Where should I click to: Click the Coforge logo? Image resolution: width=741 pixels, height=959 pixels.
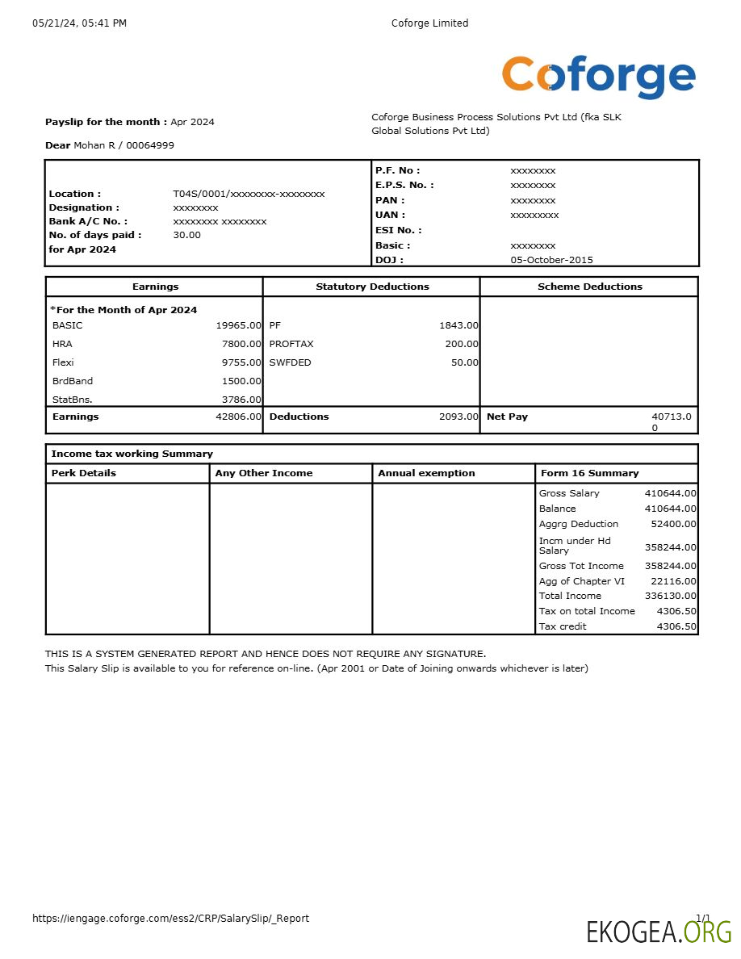tap(598, 77)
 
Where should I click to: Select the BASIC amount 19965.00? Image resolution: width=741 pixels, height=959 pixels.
tap(238, 325)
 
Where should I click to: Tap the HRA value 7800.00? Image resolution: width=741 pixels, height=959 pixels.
tap(241, 344)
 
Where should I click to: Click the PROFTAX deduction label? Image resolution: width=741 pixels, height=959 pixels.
tap(291, 344)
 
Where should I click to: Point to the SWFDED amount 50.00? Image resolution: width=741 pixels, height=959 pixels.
tap(464, 362)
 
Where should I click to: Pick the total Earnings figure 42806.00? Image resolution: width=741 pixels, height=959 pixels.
tap(238, 417)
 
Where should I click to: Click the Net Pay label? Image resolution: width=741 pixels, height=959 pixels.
tap(507, 417)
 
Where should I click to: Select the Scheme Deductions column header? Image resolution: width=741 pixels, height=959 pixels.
tap(589, 287)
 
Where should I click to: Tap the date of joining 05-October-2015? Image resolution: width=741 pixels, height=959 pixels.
tap(551, 260)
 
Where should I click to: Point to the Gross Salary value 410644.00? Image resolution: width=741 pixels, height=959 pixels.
tap(670, 493)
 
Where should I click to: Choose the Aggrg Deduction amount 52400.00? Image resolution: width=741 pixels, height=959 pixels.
tap(673, 524)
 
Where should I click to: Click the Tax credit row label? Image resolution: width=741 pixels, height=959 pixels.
tap(563, 626)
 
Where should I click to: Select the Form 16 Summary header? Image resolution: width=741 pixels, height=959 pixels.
tap(589, 473)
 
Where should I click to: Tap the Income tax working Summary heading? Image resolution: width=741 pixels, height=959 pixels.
tap(132, 454)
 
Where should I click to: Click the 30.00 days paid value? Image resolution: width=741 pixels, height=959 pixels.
tap(187, 235)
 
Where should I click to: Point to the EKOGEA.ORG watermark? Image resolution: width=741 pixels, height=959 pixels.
tap(659, 932)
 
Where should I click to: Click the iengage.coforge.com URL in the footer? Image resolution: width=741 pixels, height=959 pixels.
tap(170, 918)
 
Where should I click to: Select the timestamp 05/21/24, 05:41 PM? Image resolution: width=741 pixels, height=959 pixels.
tap(79, 23)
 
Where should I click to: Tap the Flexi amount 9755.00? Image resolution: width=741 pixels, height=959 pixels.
tap(241, 362)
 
